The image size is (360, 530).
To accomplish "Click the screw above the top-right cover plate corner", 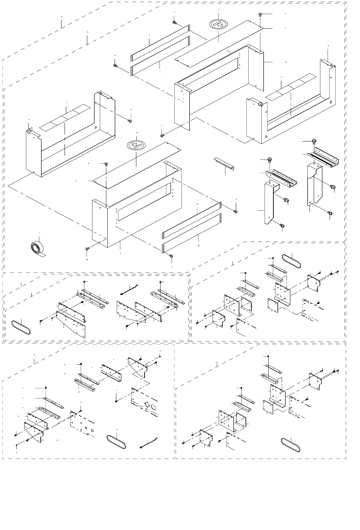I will click(x=260, y=14).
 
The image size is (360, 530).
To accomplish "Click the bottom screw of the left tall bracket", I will click(x=282, y=226).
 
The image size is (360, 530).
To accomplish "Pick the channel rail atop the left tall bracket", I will click(x=281, y=178).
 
